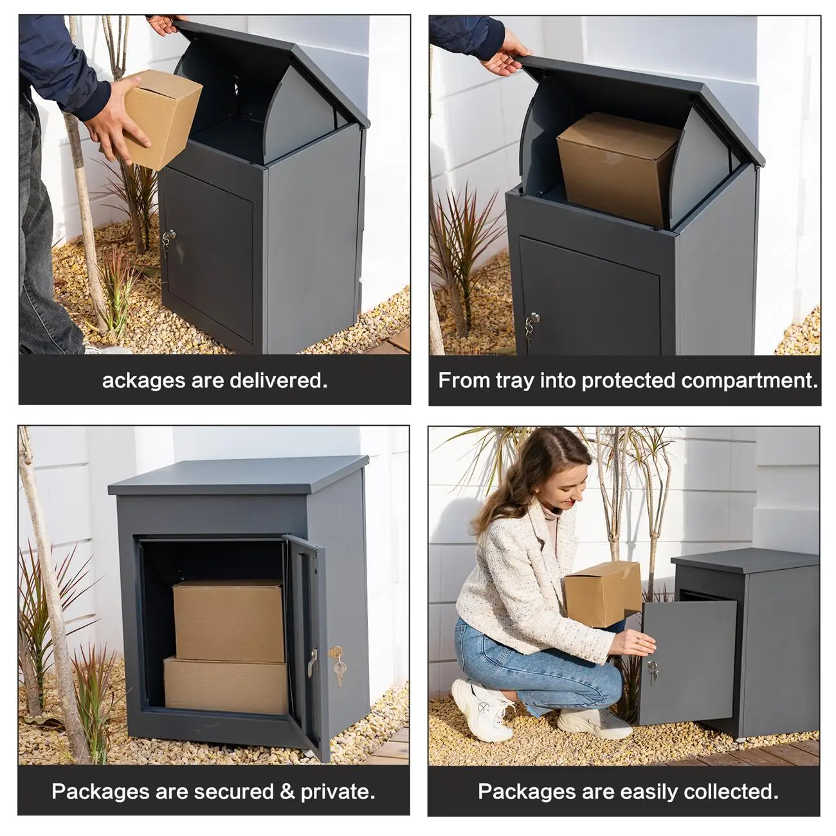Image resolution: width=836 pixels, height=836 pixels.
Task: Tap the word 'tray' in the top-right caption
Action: click(516, 381)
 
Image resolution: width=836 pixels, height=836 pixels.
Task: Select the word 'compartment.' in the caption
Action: click(749, 381)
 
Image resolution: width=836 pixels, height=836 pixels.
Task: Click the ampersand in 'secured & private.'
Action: click(287, 791)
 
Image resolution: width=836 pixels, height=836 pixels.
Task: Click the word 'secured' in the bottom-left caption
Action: click(233, 791)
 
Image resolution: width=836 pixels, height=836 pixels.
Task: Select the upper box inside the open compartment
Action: click(228, 620)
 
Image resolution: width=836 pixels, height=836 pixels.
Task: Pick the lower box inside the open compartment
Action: click(226, 686)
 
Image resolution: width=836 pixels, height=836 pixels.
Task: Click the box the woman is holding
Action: click(603, 593)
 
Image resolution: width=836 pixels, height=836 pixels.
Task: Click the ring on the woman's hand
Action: click(637, 641)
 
